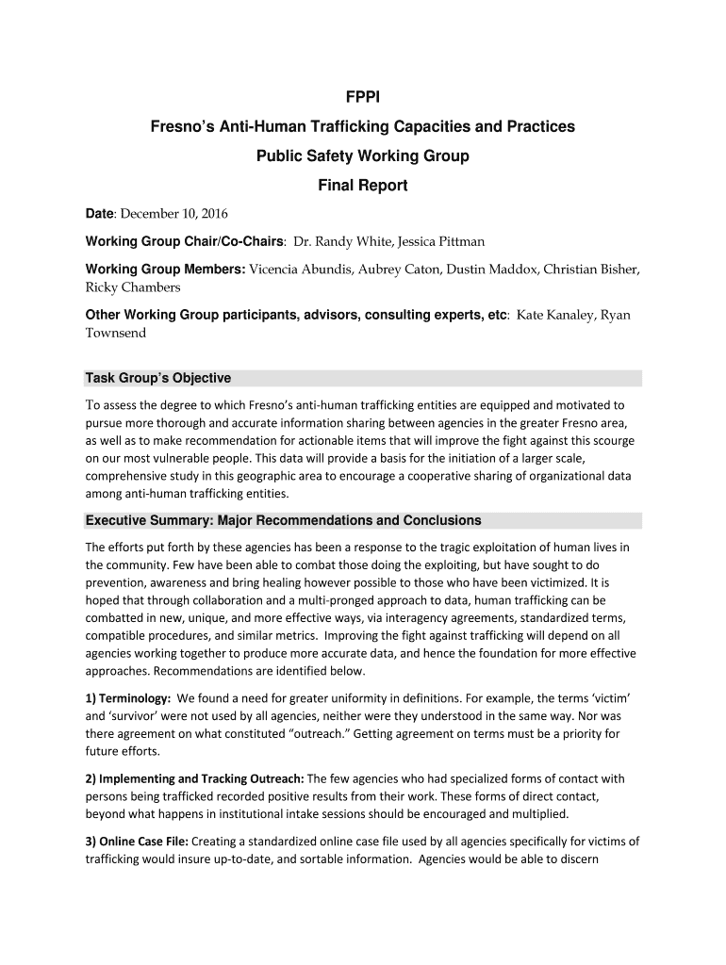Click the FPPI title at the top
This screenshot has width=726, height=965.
[x=363, y=96]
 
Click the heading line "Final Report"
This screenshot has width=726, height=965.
[x=363, y=186]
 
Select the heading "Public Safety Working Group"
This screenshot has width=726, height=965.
[x=363, y=155]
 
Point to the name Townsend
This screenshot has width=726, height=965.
[x=116, y=333]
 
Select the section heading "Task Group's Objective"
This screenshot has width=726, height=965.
[x=158, y=378]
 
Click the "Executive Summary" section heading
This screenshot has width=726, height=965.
[x=283, y=520]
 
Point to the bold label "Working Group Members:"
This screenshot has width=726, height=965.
[x=165, y=270]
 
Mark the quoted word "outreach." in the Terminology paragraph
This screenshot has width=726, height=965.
[x=328, y=734]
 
